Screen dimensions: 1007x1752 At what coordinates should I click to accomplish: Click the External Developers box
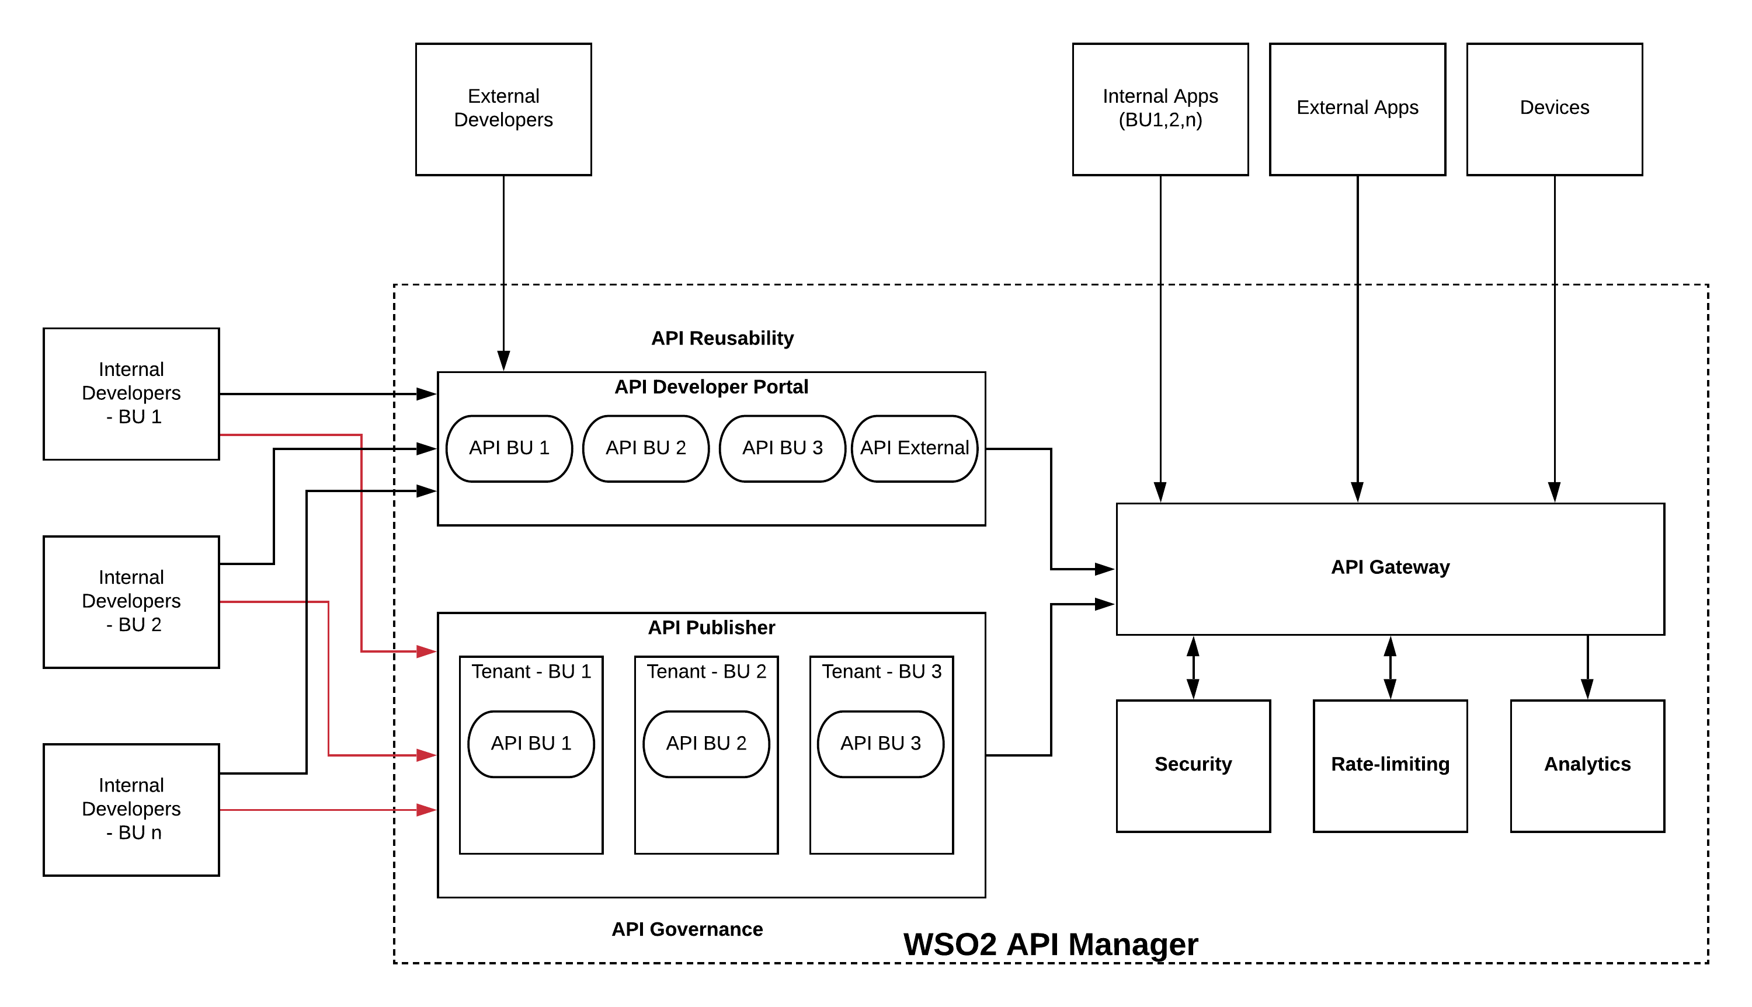[503, 109]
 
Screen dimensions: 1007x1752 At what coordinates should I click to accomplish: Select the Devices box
[1553, 109]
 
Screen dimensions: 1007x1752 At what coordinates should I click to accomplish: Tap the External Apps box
[1357, 109]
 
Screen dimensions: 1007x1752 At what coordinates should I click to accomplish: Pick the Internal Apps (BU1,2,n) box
[1160, 109]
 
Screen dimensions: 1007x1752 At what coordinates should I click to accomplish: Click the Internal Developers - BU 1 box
[131, 393]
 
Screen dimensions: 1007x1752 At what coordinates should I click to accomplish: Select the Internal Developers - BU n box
[131, 809]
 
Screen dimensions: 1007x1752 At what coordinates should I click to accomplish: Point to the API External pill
[914, 448]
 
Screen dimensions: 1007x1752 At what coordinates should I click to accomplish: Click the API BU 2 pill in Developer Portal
[645, 448]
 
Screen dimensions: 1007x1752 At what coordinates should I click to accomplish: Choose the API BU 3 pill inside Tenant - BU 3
[880, 744]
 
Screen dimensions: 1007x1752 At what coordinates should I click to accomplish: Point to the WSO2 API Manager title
[1050, 945]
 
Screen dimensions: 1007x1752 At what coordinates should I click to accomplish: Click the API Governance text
[687, 929]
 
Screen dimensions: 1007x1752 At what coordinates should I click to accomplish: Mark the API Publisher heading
[711, 628]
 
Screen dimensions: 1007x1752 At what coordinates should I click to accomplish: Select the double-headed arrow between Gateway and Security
[1193, 667]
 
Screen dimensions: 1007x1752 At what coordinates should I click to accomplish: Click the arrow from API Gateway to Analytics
[1587, 667]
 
